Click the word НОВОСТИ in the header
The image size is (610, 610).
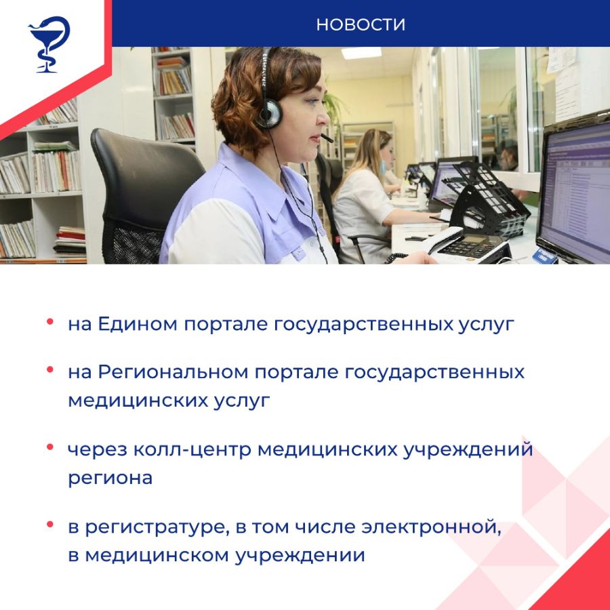(361, 24)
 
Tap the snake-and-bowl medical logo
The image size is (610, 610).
(49, 44)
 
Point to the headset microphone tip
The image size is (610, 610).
(327, 138)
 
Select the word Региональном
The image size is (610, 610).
(173, 372)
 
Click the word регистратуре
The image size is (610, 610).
(155, 528)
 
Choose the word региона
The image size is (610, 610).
(110, 479)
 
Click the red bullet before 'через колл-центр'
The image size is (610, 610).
(49, 447)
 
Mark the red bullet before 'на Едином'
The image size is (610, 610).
(49, 321)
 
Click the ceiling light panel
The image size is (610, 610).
(361, 53)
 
